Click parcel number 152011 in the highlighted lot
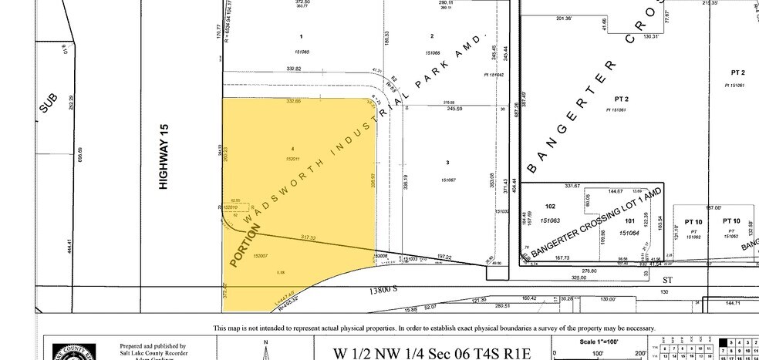point(292,157)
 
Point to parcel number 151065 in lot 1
point(302,52)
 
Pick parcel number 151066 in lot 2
point(432,52)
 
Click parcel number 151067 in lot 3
point(449,180)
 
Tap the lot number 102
point(550,206)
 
